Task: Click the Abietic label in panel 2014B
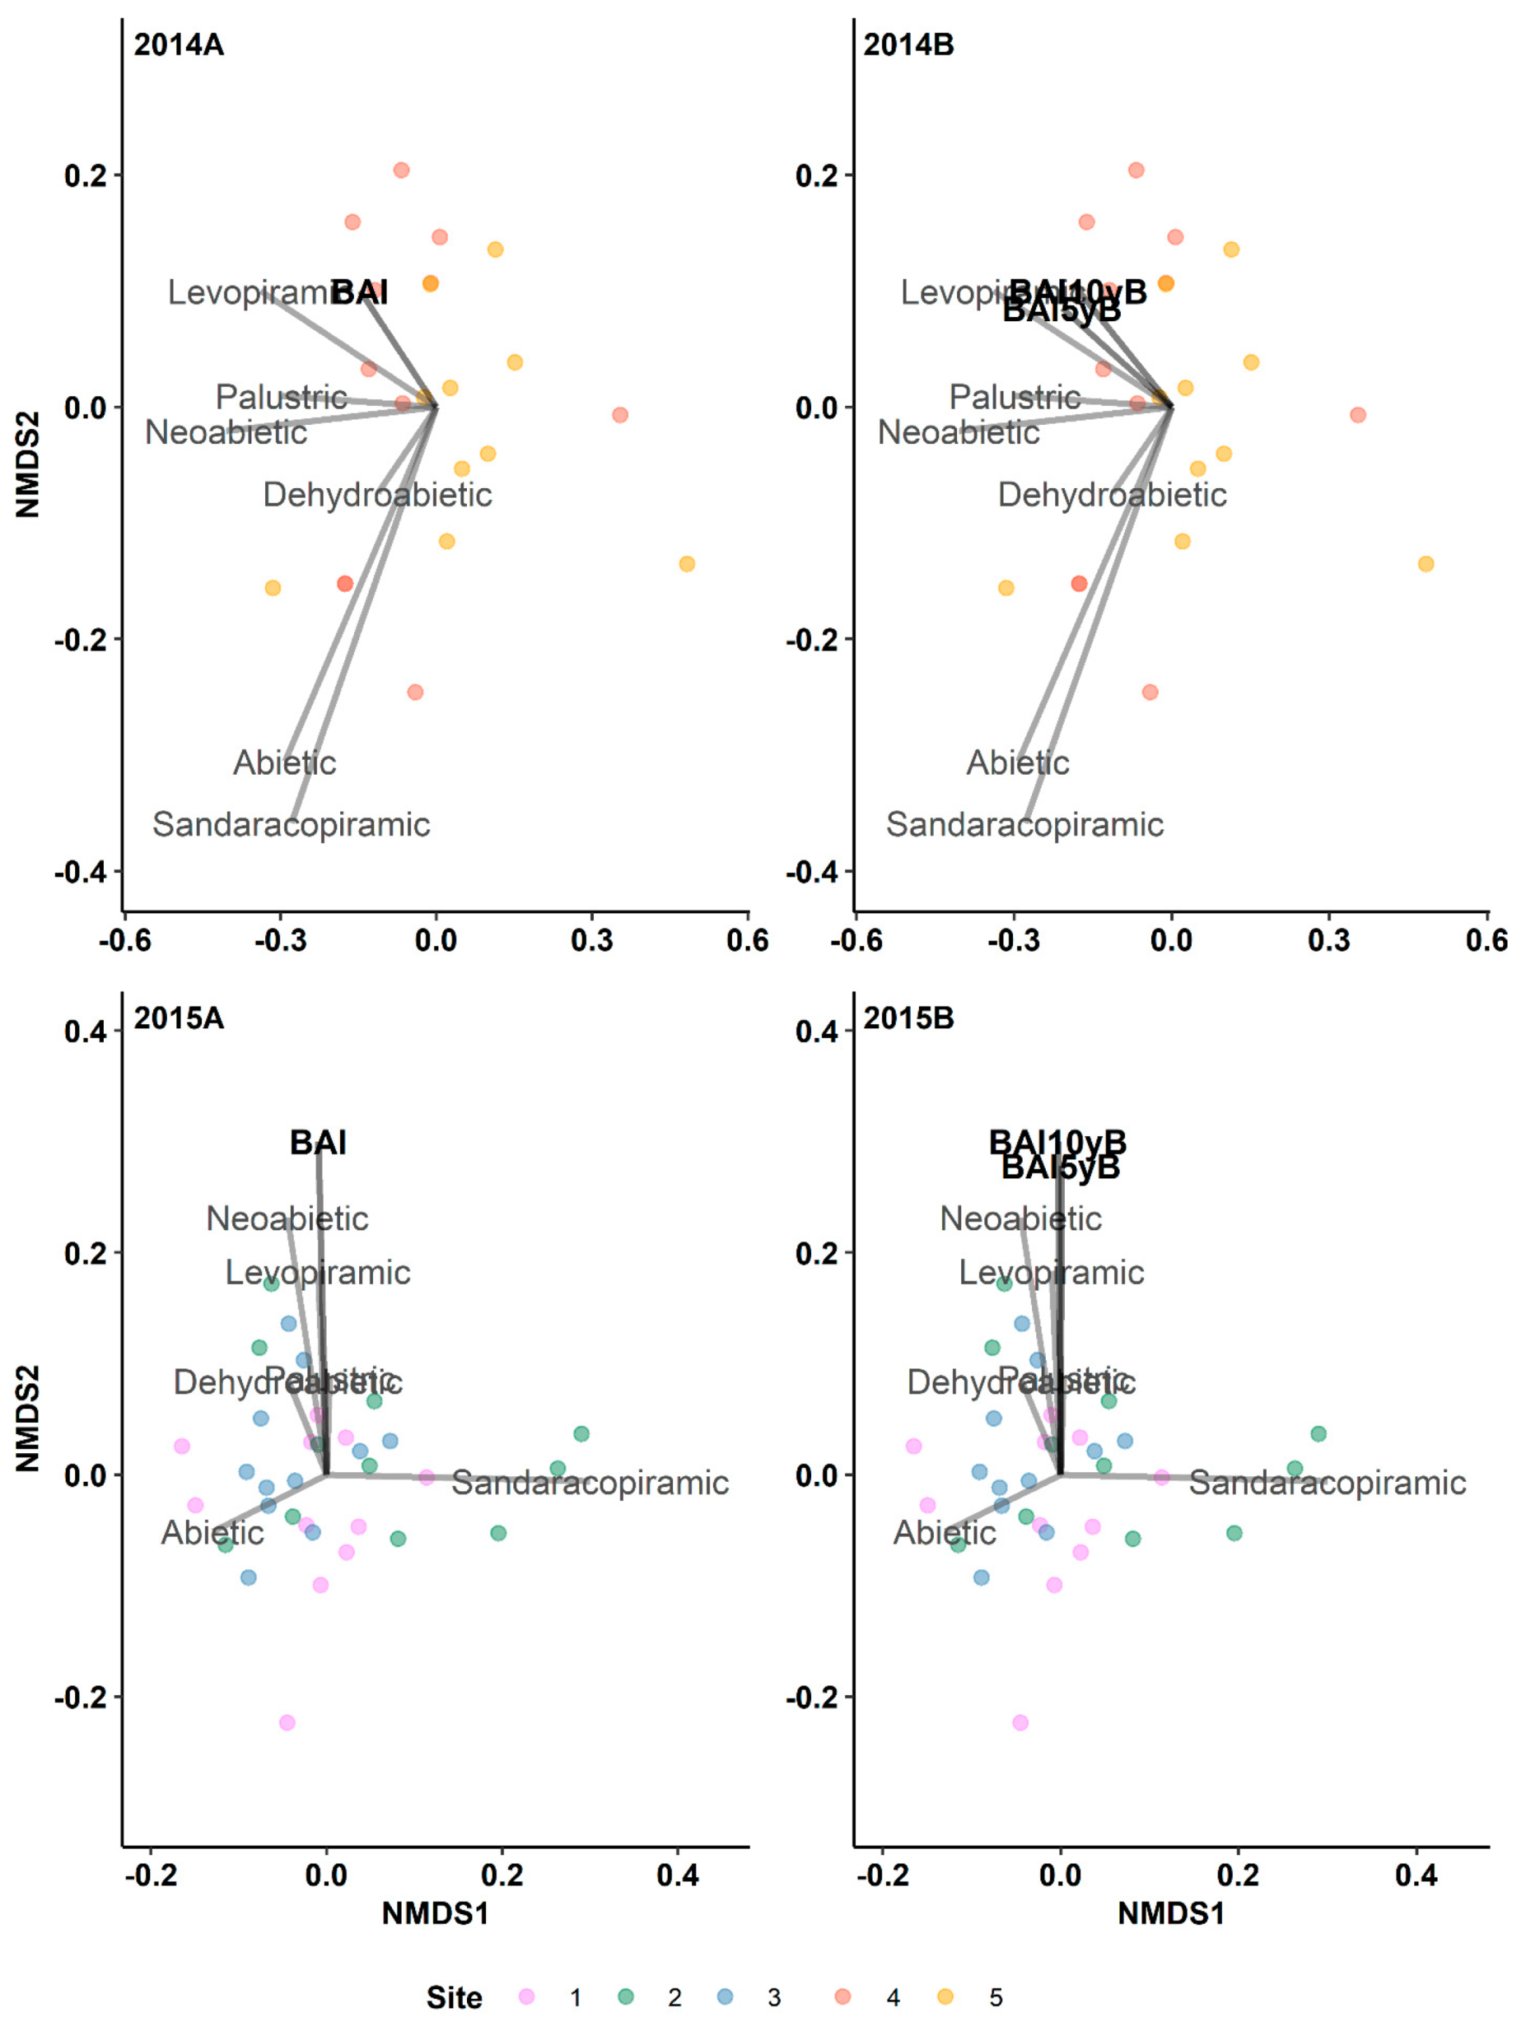coord(1018,762)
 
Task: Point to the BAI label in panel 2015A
coord(317,1142)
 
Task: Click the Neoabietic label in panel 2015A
coord(287,1218)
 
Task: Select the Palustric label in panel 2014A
coord(281,397)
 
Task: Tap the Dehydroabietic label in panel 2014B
coord(1111,495)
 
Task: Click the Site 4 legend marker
coord(843,1996)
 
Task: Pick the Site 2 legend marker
coord(625,1996)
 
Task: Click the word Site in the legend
coord(454,1998)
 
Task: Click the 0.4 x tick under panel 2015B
coord(1416,1876)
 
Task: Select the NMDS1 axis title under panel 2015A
coord(434,1913)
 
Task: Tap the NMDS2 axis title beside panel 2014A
coord(27,464)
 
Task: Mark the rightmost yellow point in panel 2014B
coord(1426,563)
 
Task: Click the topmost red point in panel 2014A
coord(401,170)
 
